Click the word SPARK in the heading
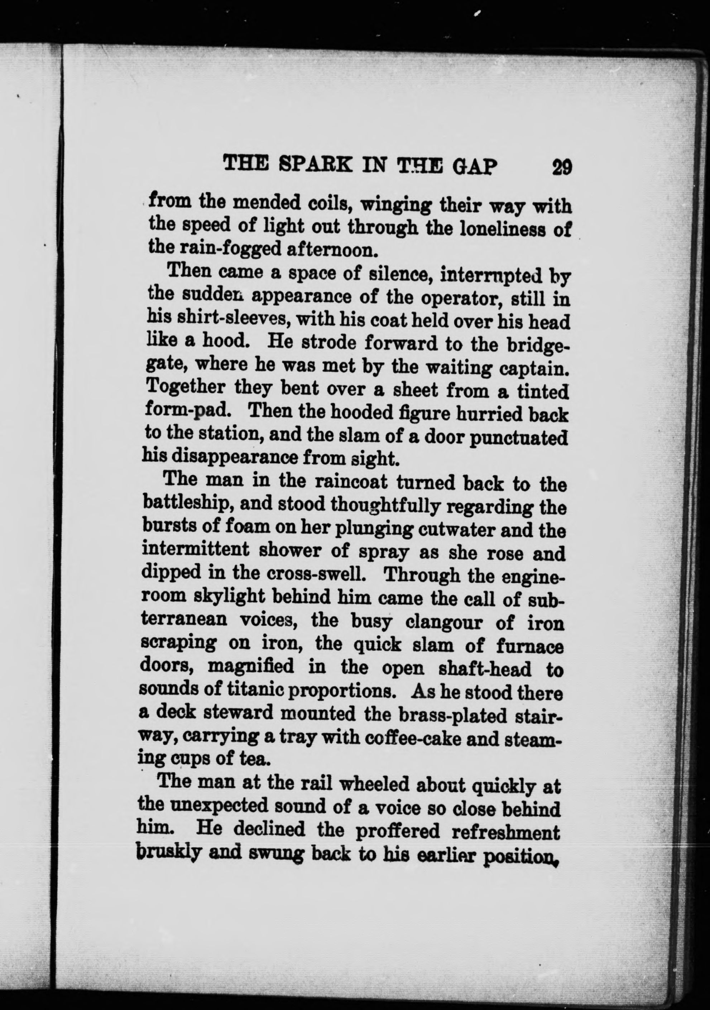coord(319,167)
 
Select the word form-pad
coord(192,412)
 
